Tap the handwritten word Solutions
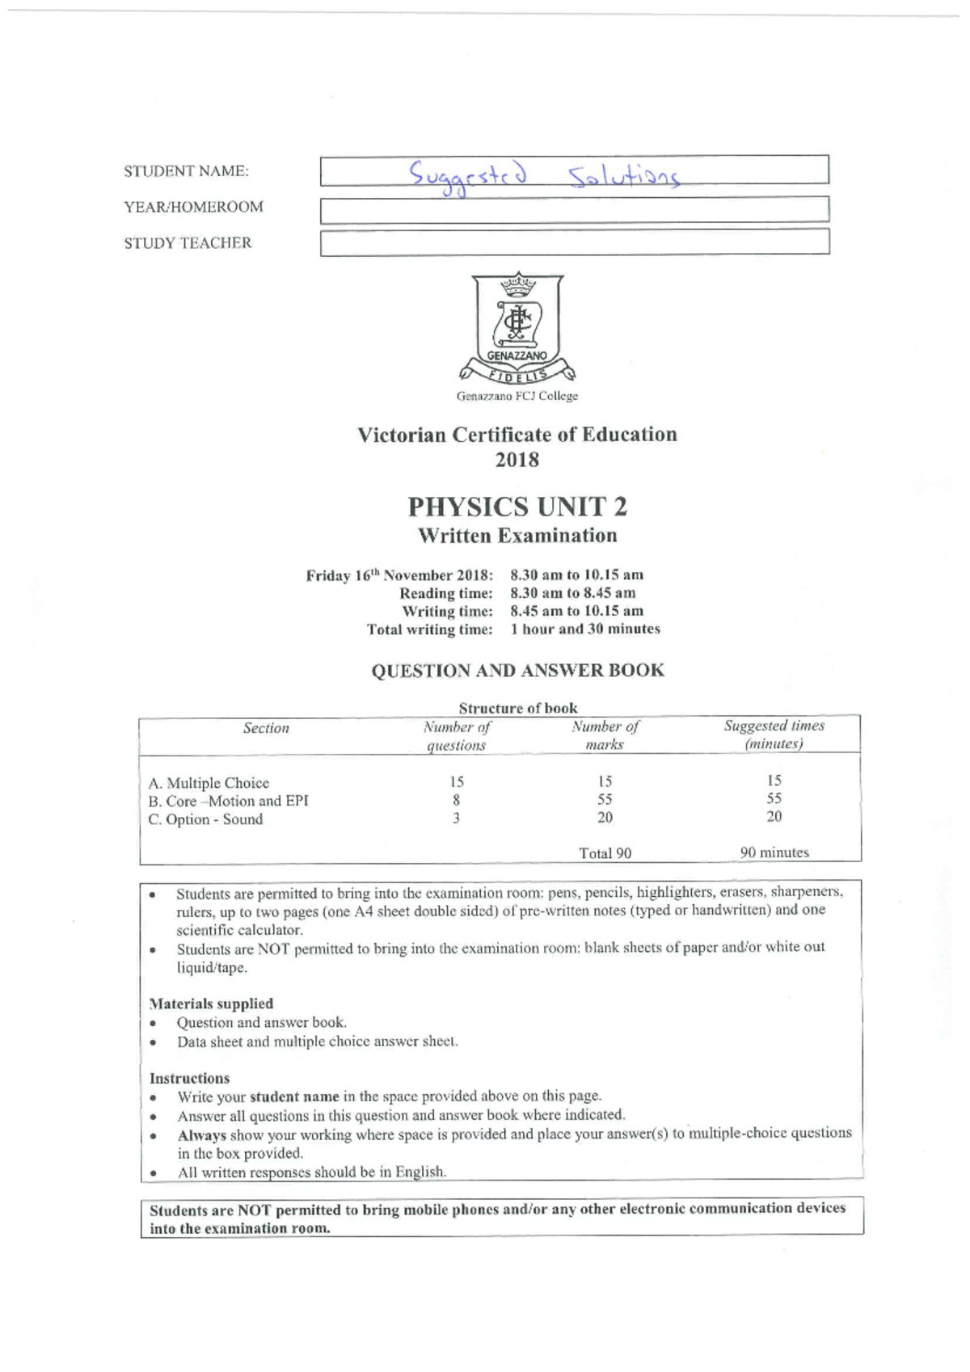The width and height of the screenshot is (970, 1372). point(623,175)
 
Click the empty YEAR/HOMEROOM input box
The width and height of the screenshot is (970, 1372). point(574,209)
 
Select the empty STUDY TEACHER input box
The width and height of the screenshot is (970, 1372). point(574,242)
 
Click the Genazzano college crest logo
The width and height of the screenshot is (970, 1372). point(517,328)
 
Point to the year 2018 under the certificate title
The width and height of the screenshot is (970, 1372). point(517,460)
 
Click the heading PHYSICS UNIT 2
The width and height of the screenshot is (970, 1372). point(517,507)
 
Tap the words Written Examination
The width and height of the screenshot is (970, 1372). point(517,536)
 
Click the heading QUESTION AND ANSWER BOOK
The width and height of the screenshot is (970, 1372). point(517,670)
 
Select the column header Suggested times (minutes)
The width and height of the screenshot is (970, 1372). point(774,734)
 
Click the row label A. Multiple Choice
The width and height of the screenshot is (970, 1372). point(209,782)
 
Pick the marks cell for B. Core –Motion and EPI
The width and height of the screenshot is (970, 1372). point(605,799)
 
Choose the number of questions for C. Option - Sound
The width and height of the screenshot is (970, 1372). point(456,818)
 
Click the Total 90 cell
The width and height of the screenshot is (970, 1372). point(605,852)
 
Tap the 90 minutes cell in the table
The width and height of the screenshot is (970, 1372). point(774,852)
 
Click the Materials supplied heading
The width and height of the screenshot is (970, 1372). point(211,1004)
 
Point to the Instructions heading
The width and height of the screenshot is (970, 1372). point(189,1078)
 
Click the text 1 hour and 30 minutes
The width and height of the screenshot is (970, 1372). point(584,629)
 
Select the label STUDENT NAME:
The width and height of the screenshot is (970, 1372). point(186,171)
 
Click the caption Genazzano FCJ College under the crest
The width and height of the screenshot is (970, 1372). point(517,396)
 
